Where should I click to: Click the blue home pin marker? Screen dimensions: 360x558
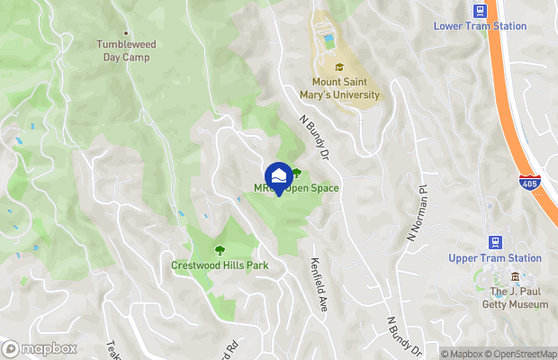pyautogui.click(x=279, y=176)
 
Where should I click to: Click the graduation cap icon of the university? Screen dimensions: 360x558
pyautogui.click(x=339, y=67)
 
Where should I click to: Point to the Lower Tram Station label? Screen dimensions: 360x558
pyautogui.click(x=480, y=26)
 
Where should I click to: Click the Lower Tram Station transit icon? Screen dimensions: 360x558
pyautogui.click(x=480, y=10)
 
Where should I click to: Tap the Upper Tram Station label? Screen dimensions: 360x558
pyautogui.click(x=494, y=258)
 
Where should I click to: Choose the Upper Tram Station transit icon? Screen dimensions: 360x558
pyautogui.click(x=494, y=241)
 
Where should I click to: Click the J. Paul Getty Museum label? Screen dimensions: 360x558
pyautogui.click(x=519, y=298)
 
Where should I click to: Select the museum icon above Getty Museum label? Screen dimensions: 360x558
pyautogui.click(x=515, y=277)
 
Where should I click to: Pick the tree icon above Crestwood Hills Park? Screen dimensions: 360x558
pyautogui.click(x=219, y=249)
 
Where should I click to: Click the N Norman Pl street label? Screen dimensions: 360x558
pyautogui.click(x=417, y=212)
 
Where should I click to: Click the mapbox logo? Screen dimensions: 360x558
pyautogui.click(x=40, y=348)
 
